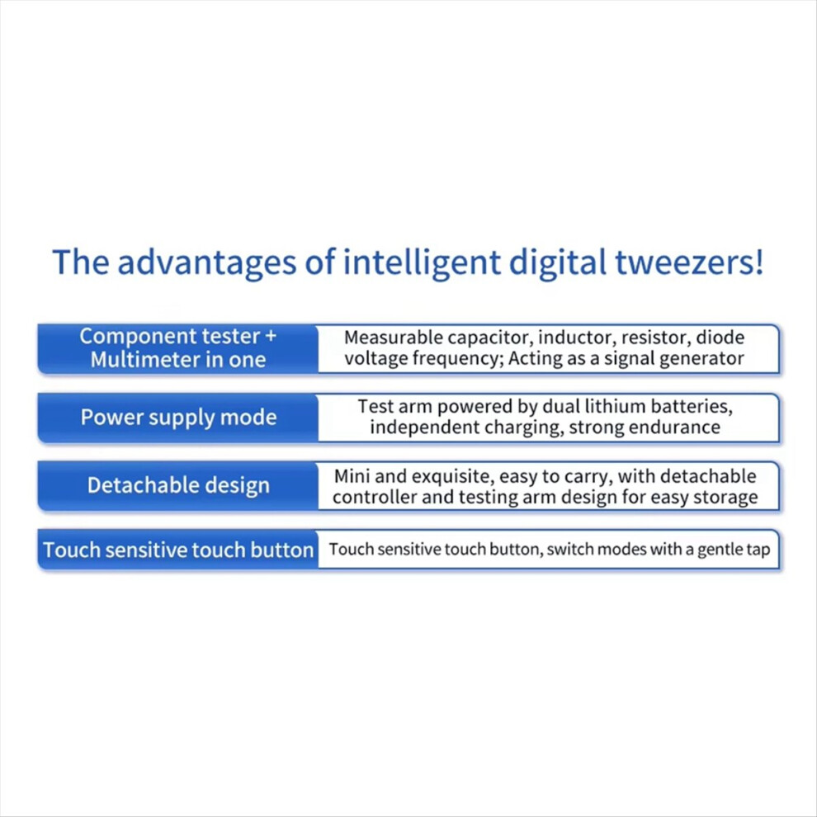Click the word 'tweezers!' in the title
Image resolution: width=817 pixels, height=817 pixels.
[x=689, y=262]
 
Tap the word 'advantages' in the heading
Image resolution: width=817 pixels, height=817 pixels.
[x=206, y=262]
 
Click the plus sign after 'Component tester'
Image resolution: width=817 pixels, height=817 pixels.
[x=271, y=336]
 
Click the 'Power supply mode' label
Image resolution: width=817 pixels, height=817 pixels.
[x=179, y=418]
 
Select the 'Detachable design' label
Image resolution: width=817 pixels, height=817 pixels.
[x=179, y=485]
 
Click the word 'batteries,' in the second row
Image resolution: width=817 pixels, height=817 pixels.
[x=687, y=406]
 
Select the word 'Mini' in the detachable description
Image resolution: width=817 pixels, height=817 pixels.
[x=352, y=475]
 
